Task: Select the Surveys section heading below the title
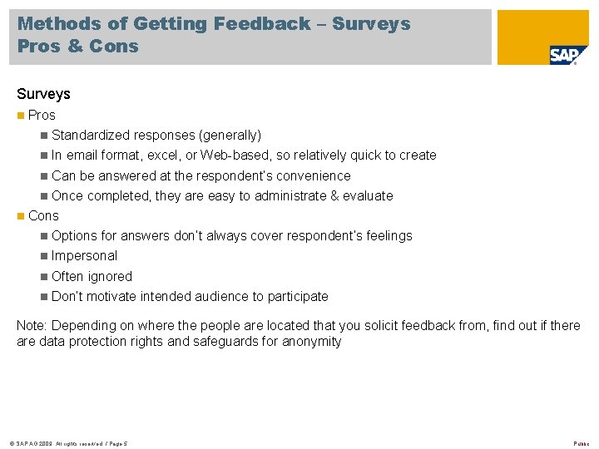pos(43,94)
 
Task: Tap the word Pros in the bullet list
pos(42,115)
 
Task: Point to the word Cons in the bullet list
pos(43,215)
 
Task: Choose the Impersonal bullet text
pos(84,255)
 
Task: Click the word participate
pos(298,296)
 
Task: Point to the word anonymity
pos(310,341)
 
